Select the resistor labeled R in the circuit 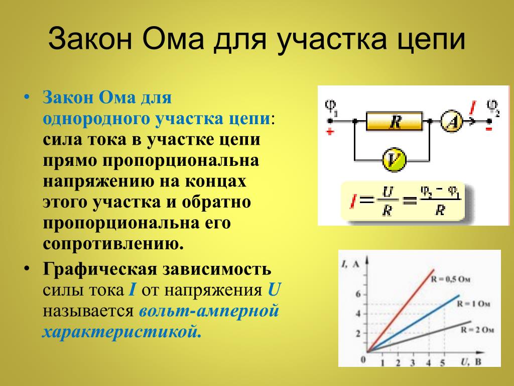(x=395, y=122)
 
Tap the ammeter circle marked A (x=452, y=122)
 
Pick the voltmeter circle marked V (x=395, y=160)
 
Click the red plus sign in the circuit (x=330, y=132)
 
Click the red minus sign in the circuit (x=489, y=129)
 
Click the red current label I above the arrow (x=472, y=108)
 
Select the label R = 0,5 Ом (x=450, y=279)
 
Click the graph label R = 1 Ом (x=473, y=304)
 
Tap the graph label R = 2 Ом (x=477, y=330)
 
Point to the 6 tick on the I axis (x=358, y=294)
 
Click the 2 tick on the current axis (x=358, y=334)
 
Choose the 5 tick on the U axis (x=443, y=363)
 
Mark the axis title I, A (x=350, y=264)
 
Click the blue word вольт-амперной (x=209, y=311)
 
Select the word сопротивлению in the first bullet (x=113, y=244)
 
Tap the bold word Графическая (x=100, y=270)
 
